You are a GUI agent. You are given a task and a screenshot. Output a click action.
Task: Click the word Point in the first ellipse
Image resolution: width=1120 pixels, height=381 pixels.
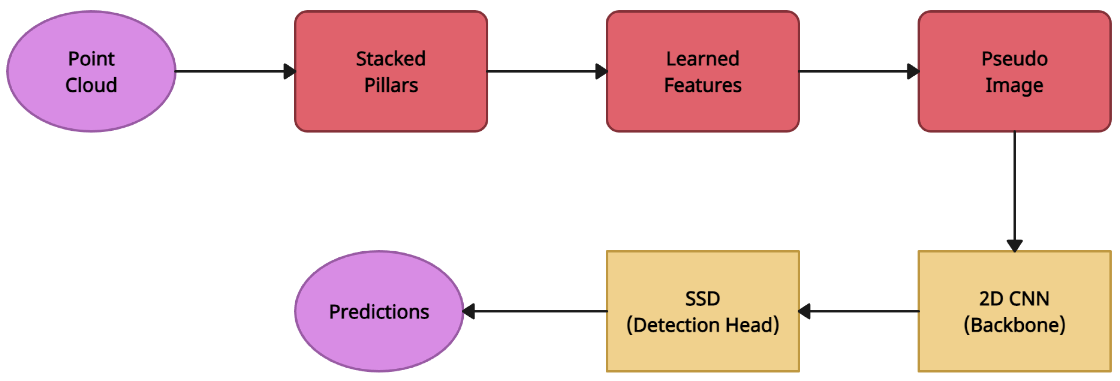click(x=91, y=59)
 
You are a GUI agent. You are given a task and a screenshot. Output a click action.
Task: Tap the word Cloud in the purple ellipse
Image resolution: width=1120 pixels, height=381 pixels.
click(x=91, y=85)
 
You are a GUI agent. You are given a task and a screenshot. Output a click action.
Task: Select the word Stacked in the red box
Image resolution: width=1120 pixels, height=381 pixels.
click(x=391, y=59)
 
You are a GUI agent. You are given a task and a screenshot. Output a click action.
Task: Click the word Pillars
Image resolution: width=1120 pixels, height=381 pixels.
click(x=391, y=85)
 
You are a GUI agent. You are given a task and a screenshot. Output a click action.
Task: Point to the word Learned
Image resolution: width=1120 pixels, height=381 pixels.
click(x=703, y=59)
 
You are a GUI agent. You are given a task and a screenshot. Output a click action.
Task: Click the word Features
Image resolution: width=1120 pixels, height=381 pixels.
click(x=703, y=85)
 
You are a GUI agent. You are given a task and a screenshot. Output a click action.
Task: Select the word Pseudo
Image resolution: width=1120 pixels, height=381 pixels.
click(x=1014, y=59)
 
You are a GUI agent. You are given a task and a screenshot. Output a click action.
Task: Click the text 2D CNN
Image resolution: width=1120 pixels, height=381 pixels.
click(x=1014, y=299)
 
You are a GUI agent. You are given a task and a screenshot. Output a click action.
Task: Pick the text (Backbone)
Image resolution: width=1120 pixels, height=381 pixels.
click(x=1014, y=325)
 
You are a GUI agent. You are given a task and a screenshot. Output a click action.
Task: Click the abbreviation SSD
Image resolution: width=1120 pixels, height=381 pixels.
click(x=703, y=299)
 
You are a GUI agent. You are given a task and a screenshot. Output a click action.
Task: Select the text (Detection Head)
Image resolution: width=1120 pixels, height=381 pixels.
click(x=703, y=325)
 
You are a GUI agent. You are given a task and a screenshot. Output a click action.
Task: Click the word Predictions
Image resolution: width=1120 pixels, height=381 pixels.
click(x=379, y=312)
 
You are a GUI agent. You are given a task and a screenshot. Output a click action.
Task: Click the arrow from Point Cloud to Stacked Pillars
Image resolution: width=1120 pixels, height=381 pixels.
click(x=231, y=71)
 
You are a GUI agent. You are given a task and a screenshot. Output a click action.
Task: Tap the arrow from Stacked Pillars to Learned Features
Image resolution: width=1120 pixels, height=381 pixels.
click(x=543, y=71)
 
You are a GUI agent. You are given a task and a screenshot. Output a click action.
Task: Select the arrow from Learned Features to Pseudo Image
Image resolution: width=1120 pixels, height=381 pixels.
click(x=854, y=71)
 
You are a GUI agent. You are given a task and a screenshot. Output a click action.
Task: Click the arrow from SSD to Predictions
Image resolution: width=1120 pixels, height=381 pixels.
click(x=539, y=311)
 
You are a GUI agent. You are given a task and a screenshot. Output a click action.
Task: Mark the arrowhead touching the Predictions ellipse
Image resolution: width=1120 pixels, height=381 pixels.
click(x=469, y=311)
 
